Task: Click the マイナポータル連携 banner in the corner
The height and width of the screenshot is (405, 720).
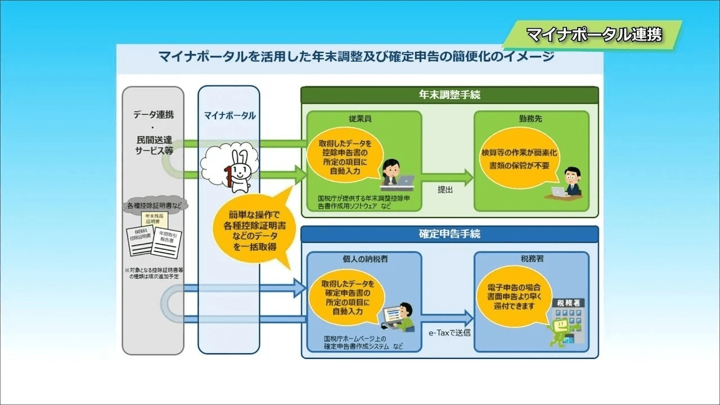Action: tap(593, 35)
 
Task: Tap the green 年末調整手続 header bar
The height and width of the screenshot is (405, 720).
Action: tap(449, 95)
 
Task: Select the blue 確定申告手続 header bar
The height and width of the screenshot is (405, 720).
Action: tap(449, 234)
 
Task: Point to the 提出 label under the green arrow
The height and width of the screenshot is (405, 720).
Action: tap(445, 190)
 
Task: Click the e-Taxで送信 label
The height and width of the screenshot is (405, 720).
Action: tap(449, 332)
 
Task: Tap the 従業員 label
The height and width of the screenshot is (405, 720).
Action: tap(360, 120)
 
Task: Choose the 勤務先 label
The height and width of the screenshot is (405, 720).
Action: tap(530, 120)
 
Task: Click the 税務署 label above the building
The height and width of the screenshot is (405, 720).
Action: tap(532, 260)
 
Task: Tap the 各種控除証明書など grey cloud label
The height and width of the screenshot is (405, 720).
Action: tap(154, 205)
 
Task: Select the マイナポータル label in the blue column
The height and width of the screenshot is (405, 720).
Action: tap(229, 116)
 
